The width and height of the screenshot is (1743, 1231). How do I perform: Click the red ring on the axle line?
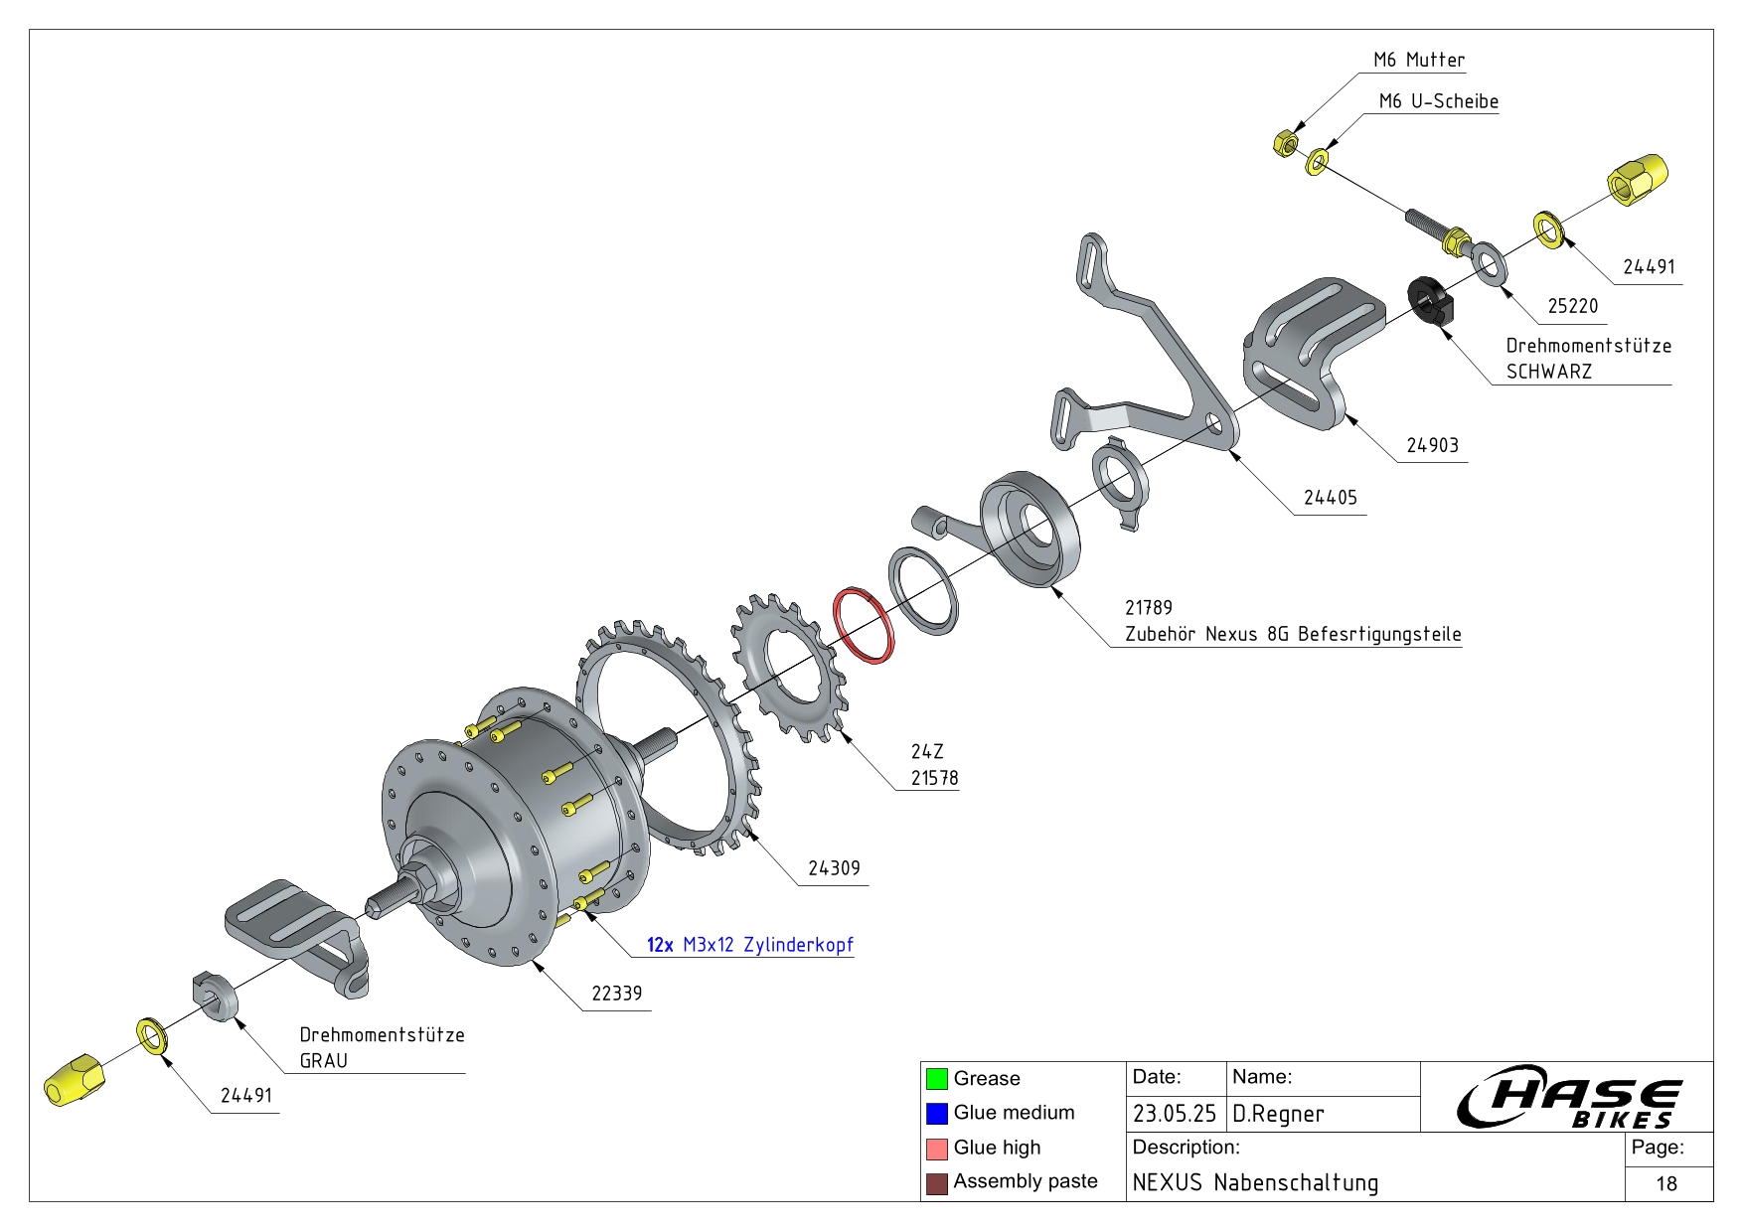(x=863, y=626)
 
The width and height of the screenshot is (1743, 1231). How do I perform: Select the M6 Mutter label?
(x=1418, y=60)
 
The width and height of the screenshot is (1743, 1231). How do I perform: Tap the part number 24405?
(x=1330, y=498)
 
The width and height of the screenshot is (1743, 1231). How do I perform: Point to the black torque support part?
(x=1430, y=300)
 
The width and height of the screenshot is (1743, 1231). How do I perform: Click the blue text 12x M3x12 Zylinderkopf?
(x=749, y=945)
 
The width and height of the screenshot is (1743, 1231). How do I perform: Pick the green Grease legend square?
(x=936, y=1078)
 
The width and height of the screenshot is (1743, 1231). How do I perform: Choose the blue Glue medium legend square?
(x=936, y=1113)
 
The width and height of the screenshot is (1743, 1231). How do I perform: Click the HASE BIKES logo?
(x=1567, y=1097)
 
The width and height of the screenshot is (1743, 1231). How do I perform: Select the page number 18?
(x=1666, y=1183)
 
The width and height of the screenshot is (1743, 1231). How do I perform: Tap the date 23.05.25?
(x=1174, y=1114)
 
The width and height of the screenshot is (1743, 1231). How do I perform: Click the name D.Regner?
(x=1278, y=1114)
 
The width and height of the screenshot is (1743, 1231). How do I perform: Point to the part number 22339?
(x=616, y=994)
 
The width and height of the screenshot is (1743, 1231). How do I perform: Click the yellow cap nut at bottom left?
(x=73, y=1080)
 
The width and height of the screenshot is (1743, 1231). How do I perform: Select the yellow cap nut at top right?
(x=1637, y=180)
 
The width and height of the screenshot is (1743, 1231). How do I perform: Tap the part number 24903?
(x=1432, y=446)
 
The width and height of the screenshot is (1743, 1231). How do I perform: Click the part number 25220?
(x=1572, y=306)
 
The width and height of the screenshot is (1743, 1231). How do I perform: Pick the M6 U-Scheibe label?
(x=1438, y=101)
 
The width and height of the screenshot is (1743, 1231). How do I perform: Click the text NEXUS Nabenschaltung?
(x=1255, y=1183)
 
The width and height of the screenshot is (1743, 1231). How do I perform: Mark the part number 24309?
(x=833, y=868)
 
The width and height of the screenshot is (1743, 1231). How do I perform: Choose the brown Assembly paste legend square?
(x=936, y=1182)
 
